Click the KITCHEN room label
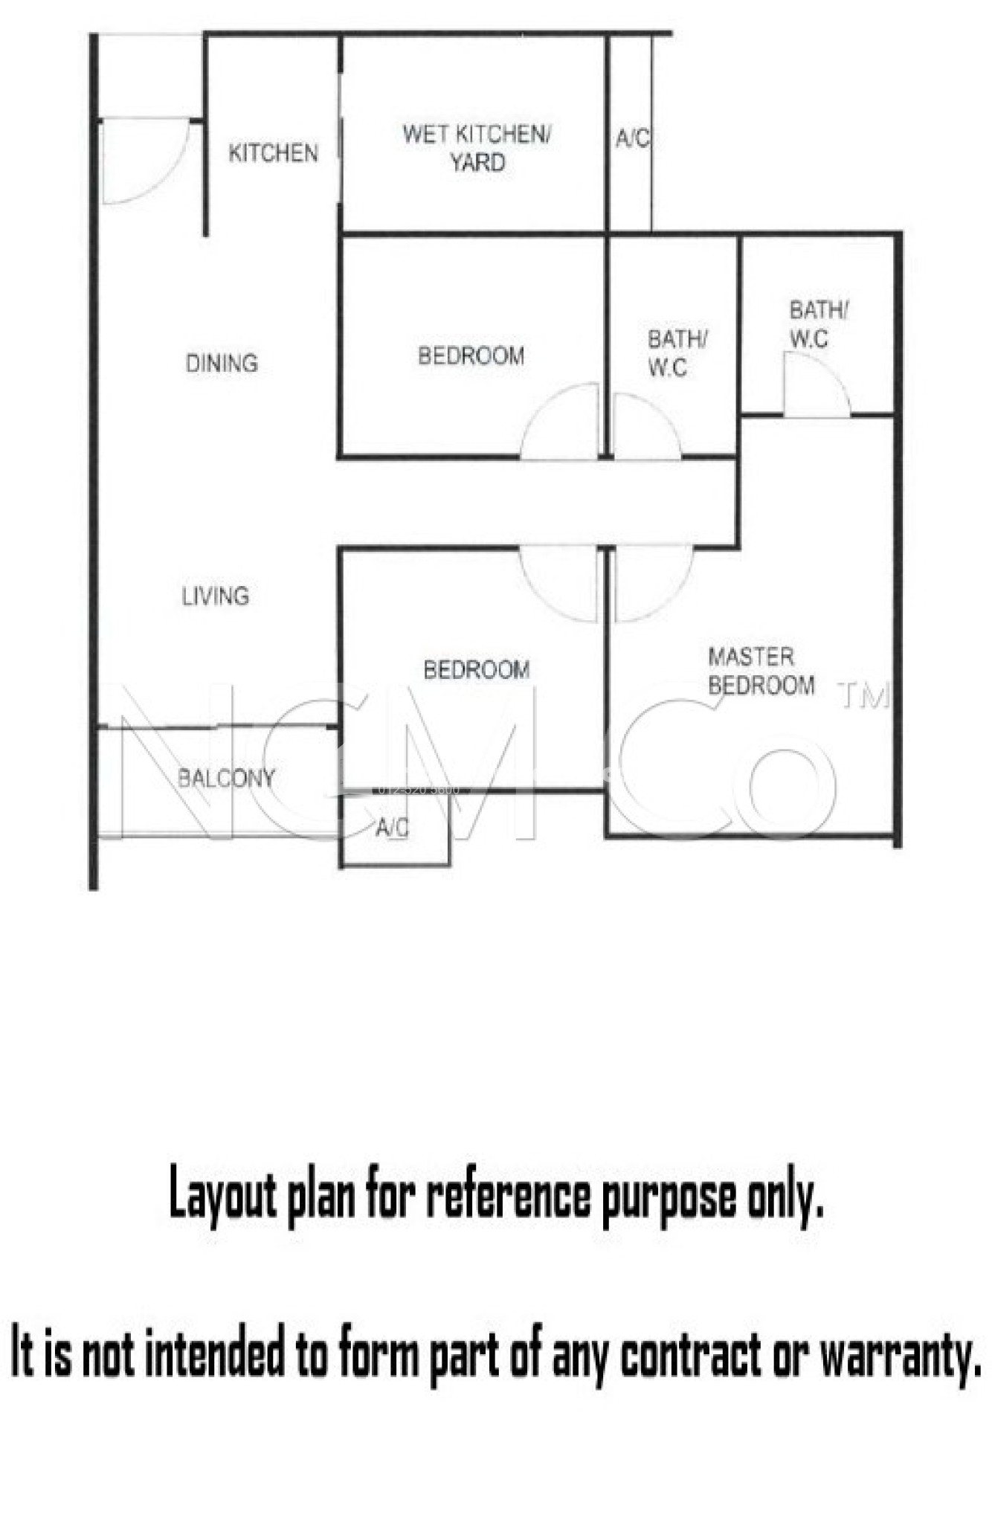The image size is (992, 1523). (x=273, y=153)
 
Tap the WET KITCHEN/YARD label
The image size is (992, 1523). (x=477, y=148)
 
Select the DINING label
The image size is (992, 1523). (x=222, y=363)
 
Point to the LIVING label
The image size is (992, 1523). (x=216, y=596)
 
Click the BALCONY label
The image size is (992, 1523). (x=226, y=778)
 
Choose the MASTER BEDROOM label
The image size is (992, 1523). (x=761, y=671)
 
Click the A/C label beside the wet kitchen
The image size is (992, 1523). (x=632, y=138)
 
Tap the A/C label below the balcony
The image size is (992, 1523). (x=392, y=828)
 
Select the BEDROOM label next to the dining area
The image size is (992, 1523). (x=471, y=355)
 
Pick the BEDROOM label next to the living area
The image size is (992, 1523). (x=477, y=669)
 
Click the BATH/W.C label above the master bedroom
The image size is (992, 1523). (x=818, y=324)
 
